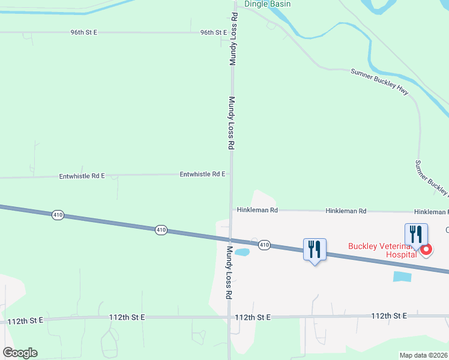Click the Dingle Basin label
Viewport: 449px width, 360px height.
pyautogui.click(x=267, y=4)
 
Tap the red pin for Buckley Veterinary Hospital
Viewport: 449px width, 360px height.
pyautogui.click(x=426, y=249)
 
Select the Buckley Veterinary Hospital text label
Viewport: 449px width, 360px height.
pyautogui.click(x=383, y=250)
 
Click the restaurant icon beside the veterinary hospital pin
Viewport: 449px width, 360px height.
pyautogui.click(x=416, y=234)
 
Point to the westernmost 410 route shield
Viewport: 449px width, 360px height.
pyautogui.click(x=58, y=214)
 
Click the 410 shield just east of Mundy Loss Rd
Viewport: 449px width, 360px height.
pyautogui.click(x=264, y=245)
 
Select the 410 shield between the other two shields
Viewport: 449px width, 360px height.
pyautogui.click(x=160, y=230)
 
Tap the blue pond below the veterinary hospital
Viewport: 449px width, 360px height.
pyautogui.click(x=403, y=277)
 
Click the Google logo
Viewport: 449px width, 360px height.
pyautogui.click(x=20, y=352)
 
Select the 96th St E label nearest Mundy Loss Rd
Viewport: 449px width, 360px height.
pyautogui.click(x=214, y=32)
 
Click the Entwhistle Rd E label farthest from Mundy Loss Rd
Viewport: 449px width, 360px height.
pyautogui.click(x=82, y=176)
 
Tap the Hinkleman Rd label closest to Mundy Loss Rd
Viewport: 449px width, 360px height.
pyautogui.click(x=257, y=211)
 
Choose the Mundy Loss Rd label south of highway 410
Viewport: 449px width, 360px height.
pyautogui.click(x=229, y=272)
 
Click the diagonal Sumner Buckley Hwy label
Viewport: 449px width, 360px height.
pyautogui.click(x=379, y=80)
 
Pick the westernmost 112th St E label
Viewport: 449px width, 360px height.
pyautogui.click(x=25, y=321)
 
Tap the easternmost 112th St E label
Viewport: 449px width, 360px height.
pyautogui.click(x=389, y=316)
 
